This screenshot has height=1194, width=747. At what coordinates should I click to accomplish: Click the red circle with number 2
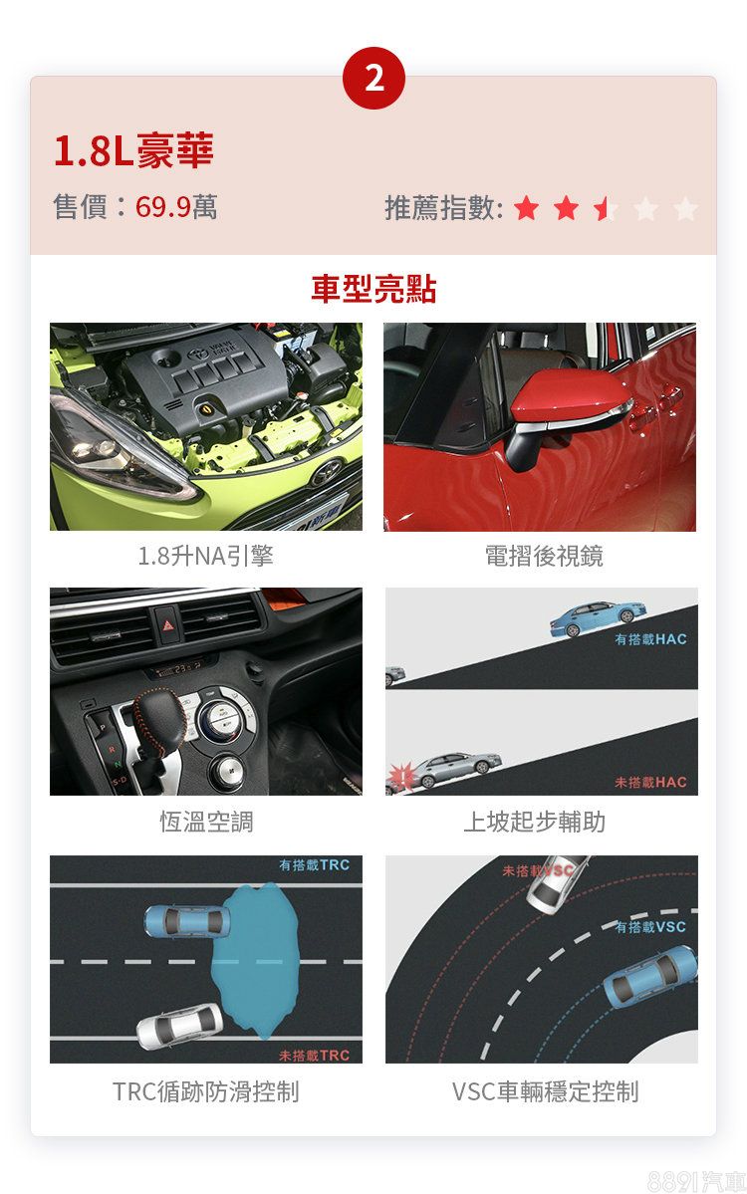[373, 78]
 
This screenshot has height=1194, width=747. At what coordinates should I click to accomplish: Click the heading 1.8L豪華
[133, 150]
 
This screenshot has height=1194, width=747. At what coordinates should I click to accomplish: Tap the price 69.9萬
[176, 206]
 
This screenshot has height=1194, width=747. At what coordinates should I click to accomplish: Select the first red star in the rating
[526, 208]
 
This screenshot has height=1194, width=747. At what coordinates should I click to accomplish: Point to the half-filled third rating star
[606, 208]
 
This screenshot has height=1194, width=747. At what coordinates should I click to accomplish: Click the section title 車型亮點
[373, 290]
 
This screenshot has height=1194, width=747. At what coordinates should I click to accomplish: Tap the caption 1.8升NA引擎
[205, 556]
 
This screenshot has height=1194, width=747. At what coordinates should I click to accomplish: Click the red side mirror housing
[568, 396]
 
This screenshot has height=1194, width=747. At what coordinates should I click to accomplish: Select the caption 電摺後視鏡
[544, 556]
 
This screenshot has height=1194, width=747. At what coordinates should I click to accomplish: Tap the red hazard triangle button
[167, 625]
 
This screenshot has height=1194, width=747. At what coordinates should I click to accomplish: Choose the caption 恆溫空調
[205, 822]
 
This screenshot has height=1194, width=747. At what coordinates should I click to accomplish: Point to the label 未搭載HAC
[650, 782]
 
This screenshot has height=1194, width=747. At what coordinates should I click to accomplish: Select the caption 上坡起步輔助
[535, 822]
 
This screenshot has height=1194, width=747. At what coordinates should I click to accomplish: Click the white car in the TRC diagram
[179, 1024]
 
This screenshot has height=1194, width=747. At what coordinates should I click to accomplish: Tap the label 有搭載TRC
[314, 865]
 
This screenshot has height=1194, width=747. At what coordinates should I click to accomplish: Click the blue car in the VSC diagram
[650, 976]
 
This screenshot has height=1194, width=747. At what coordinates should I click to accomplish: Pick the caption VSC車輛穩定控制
[545, 1091]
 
